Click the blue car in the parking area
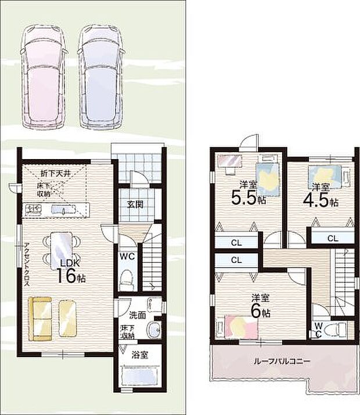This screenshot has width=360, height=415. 101,77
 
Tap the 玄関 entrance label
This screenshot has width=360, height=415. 135,204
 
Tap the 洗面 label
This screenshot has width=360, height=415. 138,315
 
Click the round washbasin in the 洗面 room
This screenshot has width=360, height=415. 153,330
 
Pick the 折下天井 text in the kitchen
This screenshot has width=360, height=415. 55,174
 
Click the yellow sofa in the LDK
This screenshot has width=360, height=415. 40,319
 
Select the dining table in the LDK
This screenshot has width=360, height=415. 62,248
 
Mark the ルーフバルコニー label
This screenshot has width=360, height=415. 282,361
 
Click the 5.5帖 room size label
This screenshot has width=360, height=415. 249,198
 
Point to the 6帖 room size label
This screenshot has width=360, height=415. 261,312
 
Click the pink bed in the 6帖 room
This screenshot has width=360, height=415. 241,327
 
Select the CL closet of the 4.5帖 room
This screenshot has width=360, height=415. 333,239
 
